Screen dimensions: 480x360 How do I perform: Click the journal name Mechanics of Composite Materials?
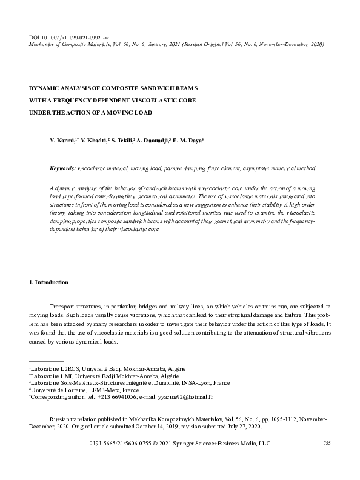click(75, 44)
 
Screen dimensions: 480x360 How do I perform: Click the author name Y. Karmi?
click(62, 141)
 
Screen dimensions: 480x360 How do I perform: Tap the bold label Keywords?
click(63, 167)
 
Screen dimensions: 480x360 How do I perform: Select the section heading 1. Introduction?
click(48, 282)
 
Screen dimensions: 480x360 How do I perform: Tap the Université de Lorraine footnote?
click(88, 390)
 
